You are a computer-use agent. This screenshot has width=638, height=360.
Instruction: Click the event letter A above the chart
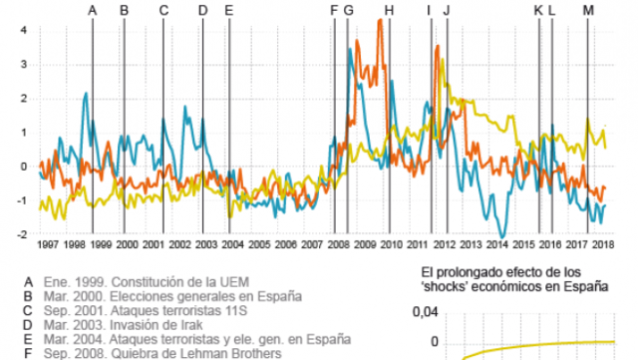93,10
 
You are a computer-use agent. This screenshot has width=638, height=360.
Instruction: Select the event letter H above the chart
389,10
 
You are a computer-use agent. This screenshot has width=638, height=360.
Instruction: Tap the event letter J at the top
446,10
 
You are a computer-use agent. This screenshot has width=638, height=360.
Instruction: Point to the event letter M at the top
587,10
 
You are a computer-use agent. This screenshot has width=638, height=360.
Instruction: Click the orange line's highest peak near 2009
380,21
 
